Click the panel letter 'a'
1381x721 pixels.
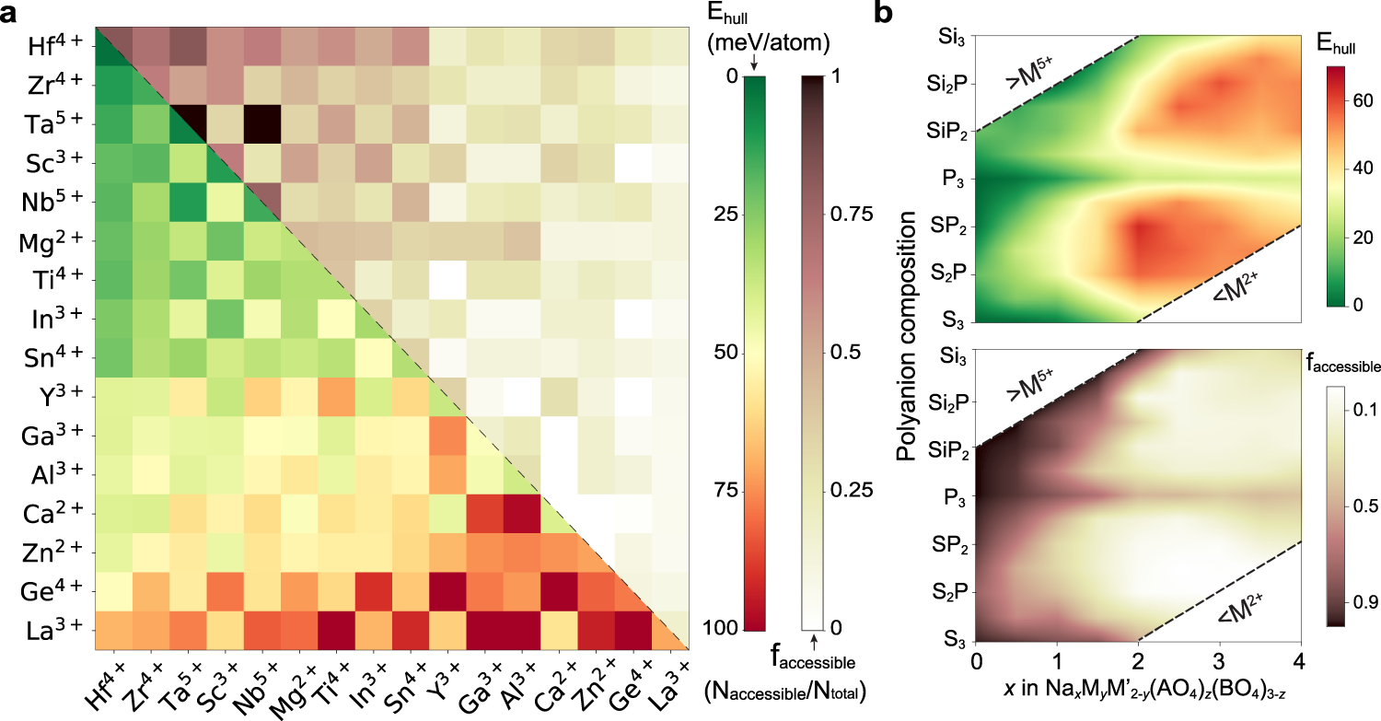(13, 14)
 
